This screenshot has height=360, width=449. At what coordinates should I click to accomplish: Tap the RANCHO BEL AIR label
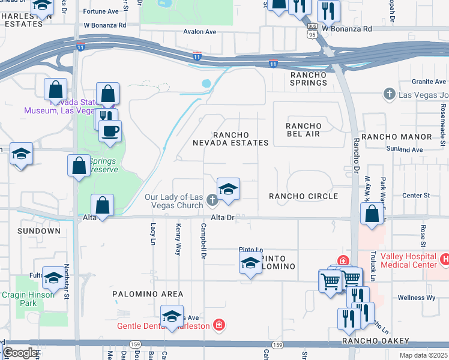[x=303, y=130]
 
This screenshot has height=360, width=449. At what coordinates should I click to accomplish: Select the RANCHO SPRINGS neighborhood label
[x=309, y=79]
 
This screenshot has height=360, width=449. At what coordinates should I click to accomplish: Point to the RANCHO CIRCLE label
[x=303, y=196]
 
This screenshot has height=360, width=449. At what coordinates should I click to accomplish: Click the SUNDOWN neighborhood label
[x=39, y=231]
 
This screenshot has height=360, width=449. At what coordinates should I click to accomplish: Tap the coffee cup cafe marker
[x=110, y=130]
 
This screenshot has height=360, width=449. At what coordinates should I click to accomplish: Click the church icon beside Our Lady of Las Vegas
[x=211, y=200]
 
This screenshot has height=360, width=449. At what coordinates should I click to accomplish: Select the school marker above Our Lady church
[x=228, y=190]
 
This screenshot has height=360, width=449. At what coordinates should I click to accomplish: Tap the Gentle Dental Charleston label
[x=171, y=326]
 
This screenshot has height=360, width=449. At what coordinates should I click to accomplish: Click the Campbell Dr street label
[x=203, y=241]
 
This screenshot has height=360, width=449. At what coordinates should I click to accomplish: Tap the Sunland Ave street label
[x=405, y=149]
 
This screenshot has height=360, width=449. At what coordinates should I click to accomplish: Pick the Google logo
[x=20, y=353]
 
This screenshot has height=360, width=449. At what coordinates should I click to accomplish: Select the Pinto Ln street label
[x=251, y=250]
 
